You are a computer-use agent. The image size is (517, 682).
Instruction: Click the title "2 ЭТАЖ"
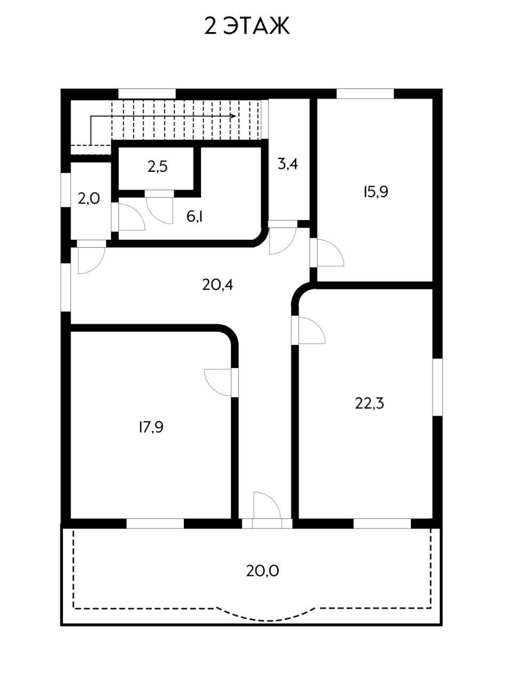pos(247,26)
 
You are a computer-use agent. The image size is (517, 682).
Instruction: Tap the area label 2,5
pos(158,167)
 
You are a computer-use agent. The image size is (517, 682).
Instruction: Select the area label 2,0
pos(88,199)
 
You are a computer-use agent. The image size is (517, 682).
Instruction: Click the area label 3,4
pos(287,164)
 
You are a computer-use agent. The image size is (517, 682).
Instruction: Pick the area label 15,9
pos(375,192)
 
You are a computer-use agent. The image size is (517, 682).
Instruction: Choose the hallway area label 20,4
pos(217,285)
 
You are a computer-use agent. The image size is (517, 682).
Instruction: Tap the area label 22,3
pos(369,403)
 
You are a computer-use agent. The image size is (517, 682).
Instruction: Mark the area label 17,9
pos(150,427)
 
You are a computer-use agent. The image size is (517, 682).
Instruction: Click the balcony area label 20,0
pos(263,571)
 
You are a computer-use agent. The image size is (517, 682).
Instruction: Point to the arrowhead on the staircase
pos(233,116)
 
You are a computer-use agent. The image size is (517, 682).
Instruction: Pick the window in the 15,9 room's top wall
pos(365,94)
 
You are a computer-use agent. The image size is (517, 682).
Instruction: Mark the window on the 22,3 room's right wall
pos(437,386)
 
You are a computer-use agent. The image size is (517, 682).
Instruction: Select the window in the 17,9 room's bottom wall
pos(155,523)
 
